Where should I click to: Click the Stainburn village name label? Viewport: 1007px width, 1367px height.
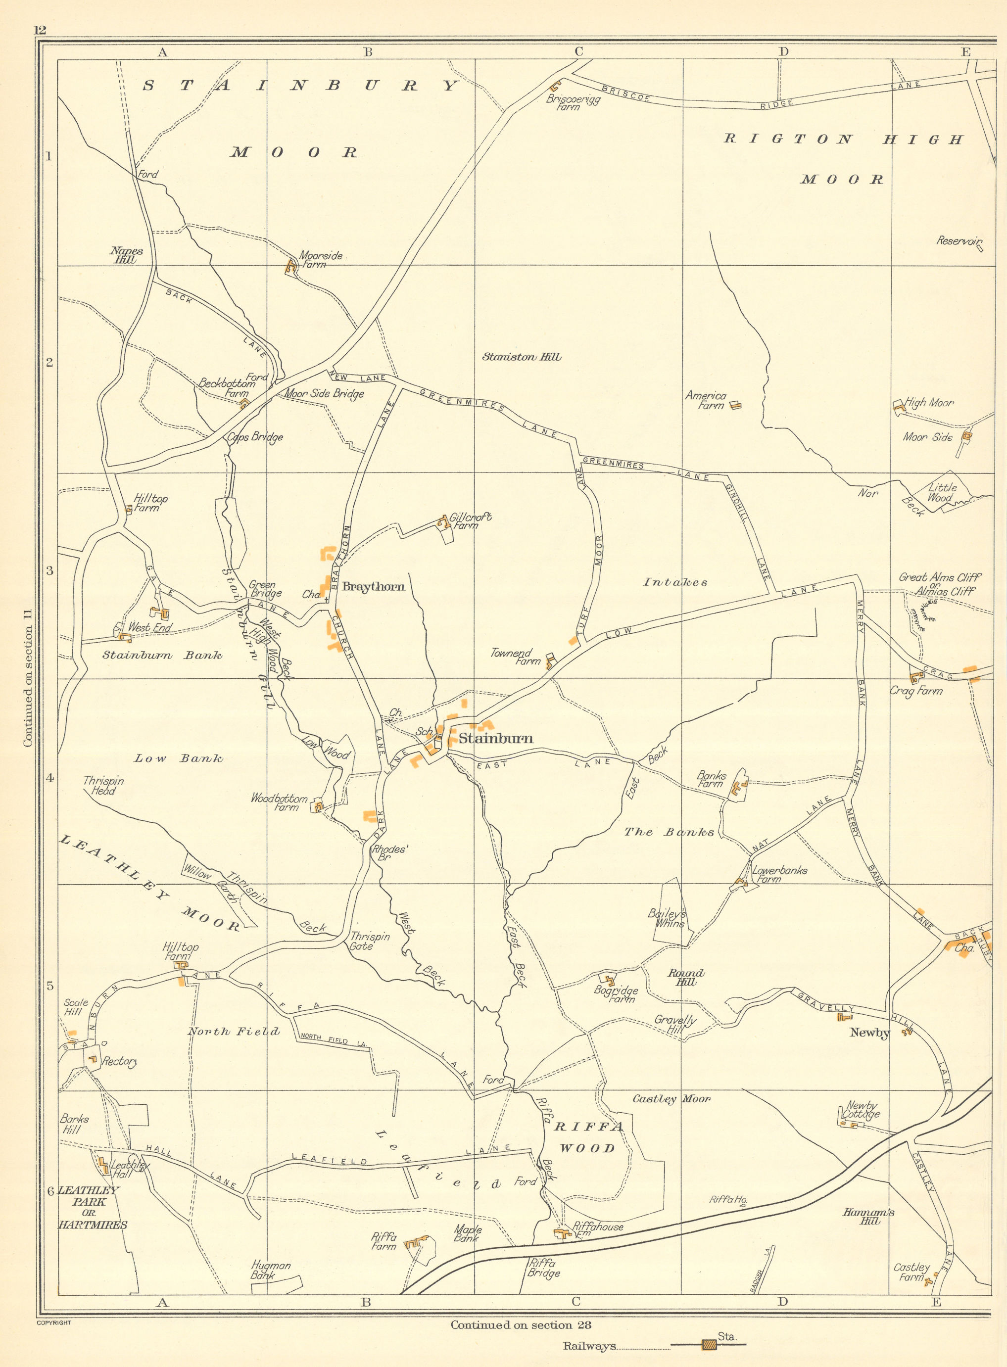click(x=495, y=739)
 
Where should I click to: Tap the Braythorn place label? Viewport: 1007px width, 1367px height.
click(x=373, y=587)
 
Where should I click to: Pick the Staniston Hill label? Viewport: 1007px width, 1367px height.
click(x=521, y=357)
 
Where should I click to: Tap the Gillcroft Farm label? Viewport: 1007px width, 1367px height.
click(x=470, y=520)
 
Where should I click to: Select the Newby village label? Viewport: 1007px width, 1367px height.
click(x=869, y=1033)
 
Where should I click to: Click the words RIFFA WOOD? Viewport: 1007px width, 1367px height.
click(x=588, y=1137)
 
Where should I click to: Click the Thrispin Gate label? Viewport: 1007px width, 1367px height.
click(x=369, y=941)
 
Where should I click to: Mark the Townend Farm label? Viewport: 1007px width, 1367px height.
click(x=515, y=657)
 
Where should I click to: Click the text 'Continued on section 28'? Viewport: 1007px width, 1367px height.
click(x=521, y=1324)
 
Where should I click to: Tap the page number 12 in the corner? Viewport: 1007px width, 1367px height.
click(x=40, y=30)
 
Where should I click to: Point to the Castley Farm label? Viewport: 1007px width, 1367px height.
click(x=911, y=1272)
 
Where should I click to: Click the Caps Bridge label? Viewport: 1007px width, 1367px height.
click(x=255, y=437)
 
